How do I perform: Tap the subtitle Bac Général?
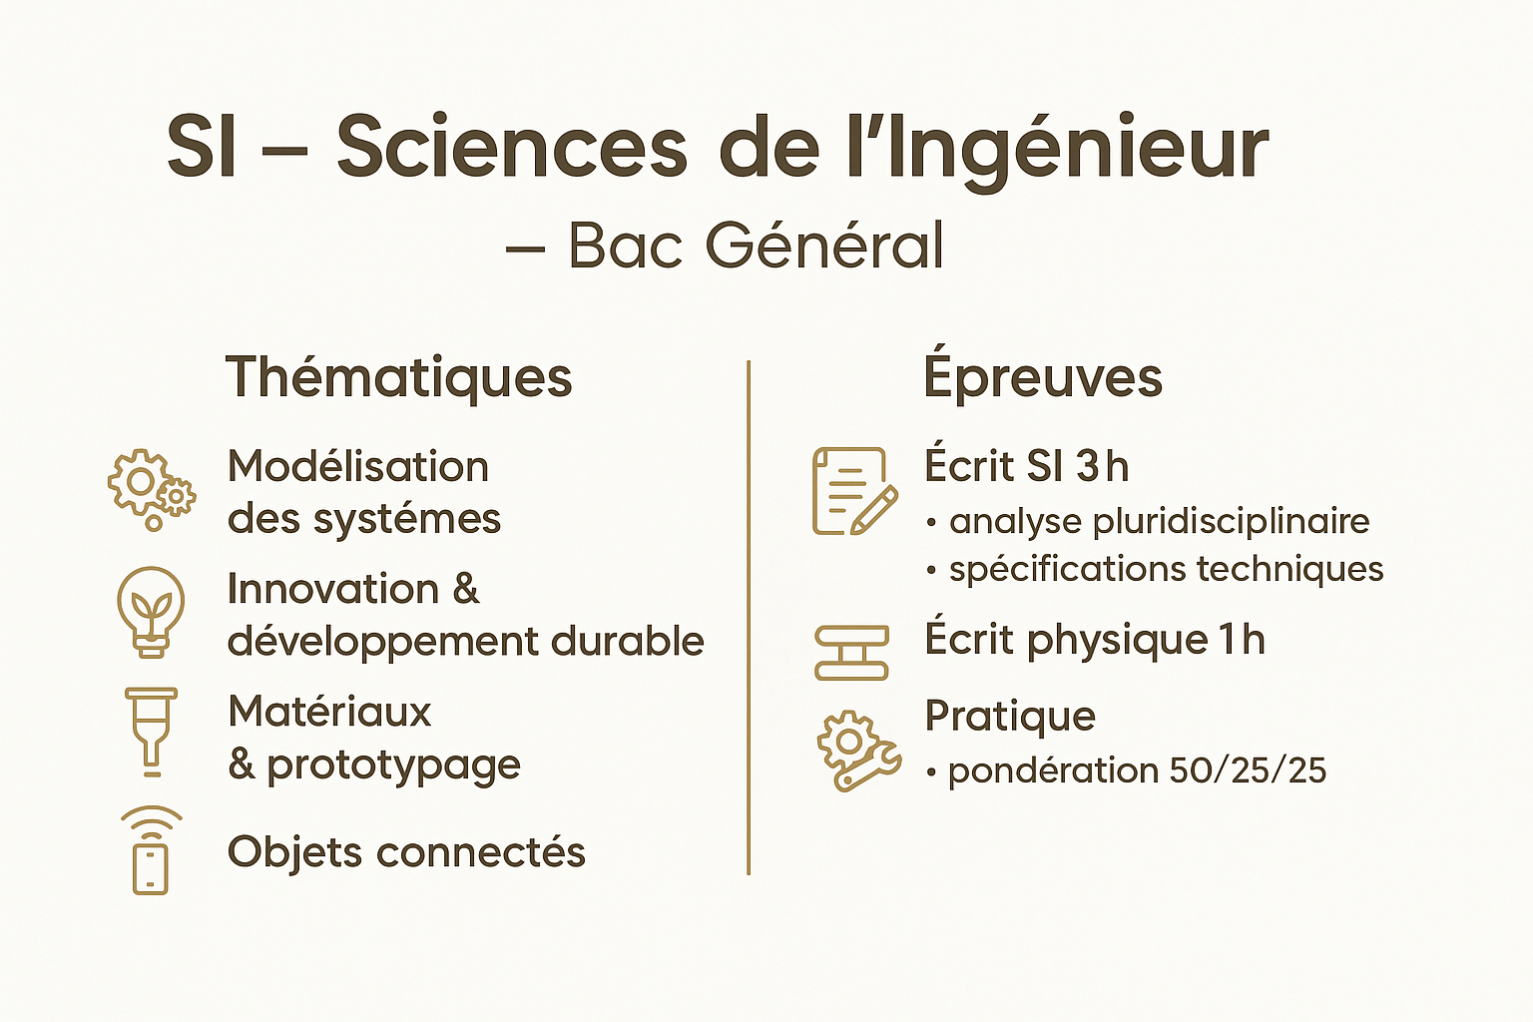click(757, 246)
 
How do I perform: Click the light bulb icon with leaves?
click(152, 612)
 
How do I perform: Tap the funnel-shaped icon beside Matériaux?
click(152, 732)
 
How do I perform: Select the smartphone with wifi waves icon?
click(152, 850)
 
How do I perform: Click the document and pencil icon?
click(854, 491)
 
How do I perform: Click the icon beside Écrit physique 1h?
click(852, 653)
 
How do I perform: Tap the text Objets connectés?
click(406, 853)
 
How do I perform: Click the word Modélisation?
click(358, 467)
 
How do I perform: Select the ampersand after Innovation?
click(465, 589)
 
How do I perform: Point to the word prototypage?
click(393, 766)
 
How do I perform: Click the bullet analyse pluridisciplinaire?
click(1148, 522)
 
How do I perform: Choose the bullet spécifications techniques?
click(1155, 570)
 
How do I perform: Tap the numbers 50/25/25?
click(1248, 770)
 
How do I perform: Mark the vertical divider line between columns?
click(749, 618)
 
